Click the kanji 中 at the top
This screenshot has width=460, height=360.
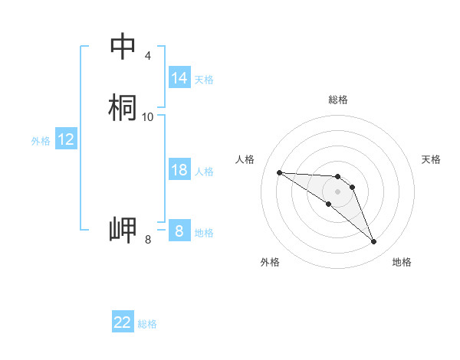tap(123, 46)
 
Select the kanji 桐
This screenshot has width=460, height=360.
tap(123, 107)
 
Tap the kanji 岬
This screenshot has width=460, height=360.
tap(123, 231)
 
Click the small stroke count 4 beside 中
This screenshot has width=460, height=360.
tap(147, 56)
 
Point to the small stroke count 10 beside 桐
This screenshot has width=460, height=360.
tap(148, 116)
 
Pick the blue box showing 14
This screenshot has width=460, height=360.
tap(179, 78)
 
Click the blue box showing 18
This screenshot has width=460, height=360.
tap(179, 170)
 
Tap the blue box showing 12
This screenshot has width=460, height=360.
tap(66, 139)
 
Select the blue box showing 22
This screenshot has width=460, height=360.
tap(123, 322)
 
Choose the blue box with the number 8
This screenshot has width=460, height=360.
tap(179, 231)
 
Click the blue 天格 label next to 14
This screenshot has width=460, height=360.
tap(204, 79)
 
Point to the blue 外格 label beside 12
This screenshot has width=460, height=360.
tap(40, 141)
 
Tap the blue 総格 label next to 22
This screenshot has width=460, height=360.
tap(147, 324)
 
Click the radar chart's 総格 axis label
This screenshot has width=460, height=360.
tap(337, 100)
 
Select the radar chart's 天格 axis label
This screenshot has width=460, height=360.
tap(431, 159)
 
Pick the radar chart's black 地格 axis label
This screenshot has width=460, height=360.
tap(402, 262)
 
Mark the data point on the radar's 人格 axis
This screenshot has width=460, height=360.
tap(279, 172)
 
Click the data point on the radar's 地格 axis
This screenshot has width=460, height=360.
tap(373, 242)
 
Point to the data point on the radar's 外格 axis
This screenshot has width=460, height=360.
tap(328, 204)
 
